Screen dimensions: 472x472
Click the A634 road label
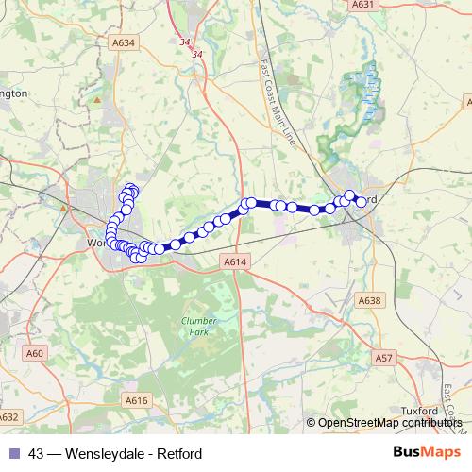[x=124, y=42]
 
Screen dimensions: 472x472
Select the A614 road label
[x=235, y=261]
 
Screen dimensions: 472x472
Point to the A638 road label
[x=370, y=299]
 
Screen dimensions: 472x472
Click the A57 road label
[x=384, y=359]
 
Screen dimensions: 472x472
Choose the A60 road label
[x=35, y=353]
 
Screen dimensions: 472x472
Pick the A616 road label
[x=138, y=400]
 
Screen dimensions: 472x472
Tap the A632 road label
[x=8, y=416]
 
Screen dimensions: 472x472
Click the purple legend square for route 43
[x=14, y=453]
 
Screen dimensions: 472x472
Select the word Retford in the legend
[x=179, y=453]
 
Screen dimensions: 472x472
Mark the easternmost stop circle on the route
[x=361, y=201]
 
